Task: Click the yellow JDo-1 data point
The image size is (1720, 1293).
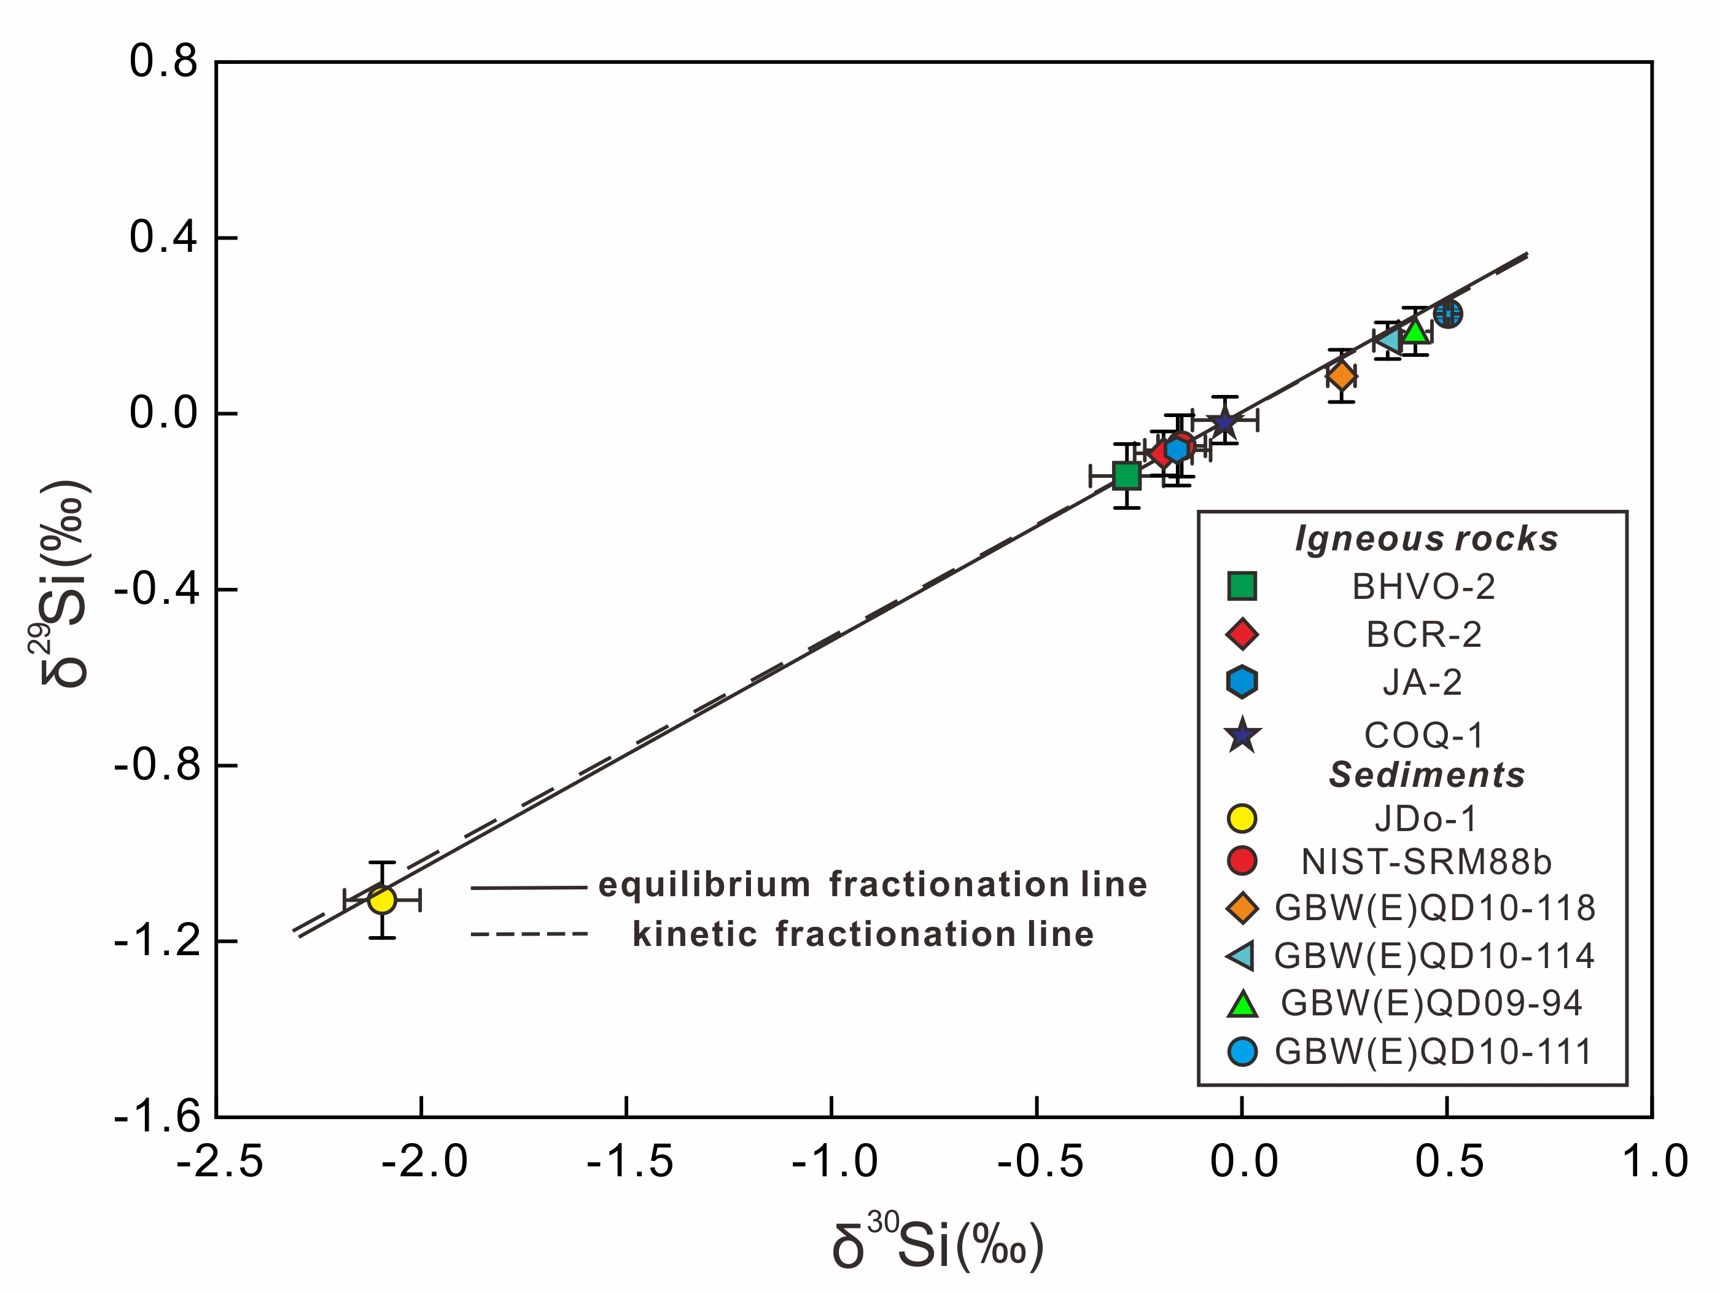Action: pos(382,900)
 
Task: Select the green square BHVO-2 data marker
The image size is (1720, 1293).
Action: pos(1127,475)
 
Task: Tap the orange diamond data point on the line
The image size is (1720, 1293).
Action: pos(1341,377)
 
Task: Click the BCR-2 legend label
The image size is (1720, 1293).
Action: pos(1424,636)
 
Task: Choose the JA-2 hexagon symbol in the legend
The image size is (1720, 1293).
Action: pos(1242,681)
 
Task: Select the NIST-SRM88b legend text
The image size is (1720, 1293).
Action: pos(1426,862)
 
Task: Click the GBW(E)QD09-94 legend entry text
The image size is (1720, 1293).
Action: pos(1431,1004)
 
